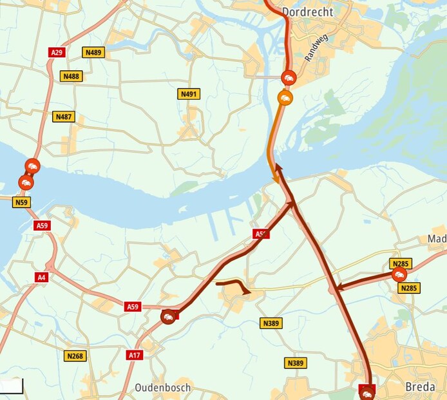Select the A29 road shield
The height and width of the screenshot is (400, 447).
pos(56,52)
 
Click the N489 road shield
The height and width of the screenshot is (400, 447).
pos(93,52)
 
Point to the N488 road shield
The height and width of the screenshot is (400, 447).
pos(71,76)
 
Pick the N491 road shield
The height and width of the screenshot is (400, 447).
pos(188,94)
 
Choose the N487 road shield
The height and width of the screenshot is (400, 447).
pos(63,117)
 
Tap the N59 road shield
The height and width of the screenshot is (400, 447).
pos(22,202)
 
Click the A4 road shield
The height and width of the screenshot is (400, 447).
pos(42,277)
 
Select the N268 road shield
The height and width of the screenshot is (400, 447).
pos(75,356)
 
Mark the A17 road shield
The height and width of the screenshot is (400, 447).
pos(135,355)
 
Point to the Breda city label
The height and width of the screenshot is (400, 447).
pos(420,386)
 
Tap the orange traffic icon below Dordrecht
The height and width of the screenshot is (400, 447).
pos(285,97)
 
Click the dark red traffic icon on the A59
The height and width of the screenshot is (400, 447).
pos(168,316)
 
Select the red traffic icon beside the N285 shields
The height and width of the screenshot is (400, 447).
pos(399,275)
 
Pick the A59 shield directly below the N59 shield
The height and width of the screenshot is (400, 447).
pos(43,225)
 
